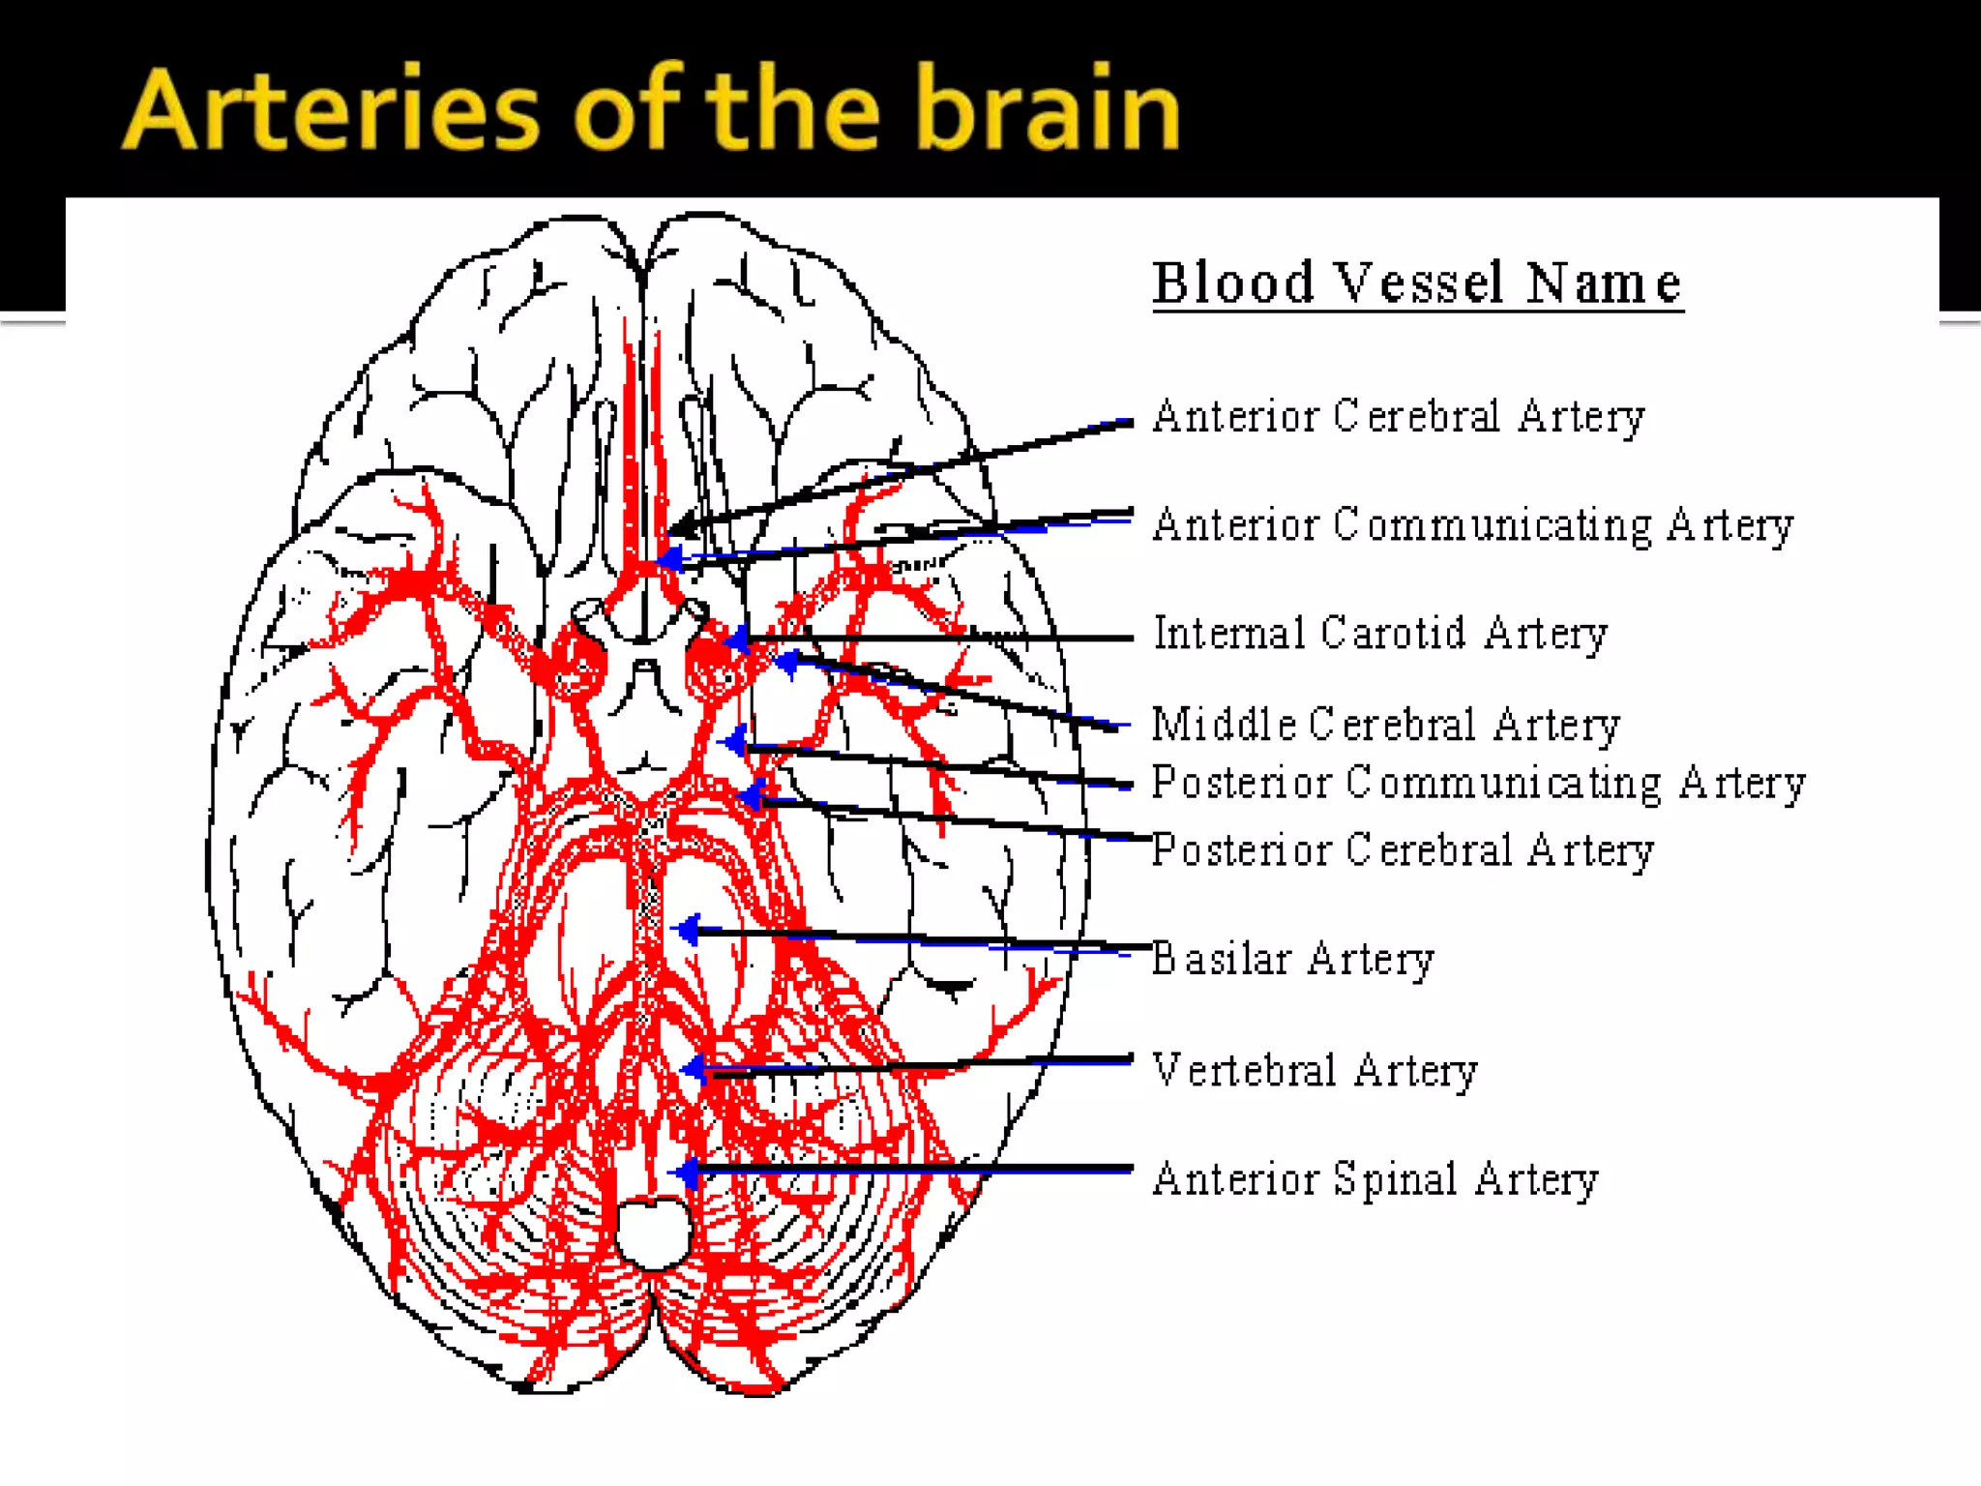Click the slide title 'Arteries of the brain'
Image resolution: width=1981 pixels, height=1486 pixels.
[x=650, y=108]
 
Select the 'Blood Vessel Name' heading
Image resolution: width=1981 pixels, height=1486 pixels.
[x=1417, y=283]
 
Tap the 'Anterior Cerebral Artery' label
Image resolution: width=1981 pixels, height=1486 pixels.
[x=1399, y=417]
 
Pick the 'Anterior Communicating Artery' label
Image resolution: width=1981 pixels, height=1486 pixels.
[x=1473, y=525]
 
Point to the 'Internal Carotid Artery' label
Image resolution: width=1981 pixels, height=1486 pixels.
[x=1380, y=634]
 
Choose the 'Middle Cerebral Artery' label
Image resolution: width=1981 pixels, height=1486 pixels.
[x=1386, y=725]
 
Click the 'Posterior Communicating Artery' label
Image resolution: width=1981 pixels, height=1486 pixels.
[x=1478, y=783]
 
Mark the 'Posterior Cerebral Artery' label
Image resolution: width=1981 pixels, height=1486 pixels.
[x=1403, y=850]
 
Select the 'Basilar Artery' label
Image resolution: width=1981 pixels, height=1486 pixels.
[x=1293, y=960]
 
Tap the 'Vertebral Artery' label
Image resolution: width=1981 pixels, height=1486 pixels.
[x=1316, y=1070]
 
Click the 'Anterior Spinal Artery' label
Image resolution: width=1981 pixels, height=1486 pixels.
[x=1375, y=1179]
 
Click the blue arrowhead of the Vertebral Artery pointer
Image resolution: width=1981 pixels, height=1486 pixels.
[x=694, y=1069]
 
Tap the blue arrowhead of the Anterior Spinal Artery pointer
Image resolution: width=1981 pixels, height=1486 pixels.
[x=688, y=1173]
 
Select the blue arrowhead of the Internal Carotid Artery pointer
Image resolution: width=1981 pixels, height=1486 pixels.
[x=738, y=639]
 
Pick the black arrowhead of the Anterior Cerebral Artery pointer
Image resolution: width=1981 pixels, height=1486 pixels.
[x=681, y=527]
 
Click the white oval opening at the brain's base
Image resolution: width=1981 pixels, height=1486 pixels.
[x=654, y=1233]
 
